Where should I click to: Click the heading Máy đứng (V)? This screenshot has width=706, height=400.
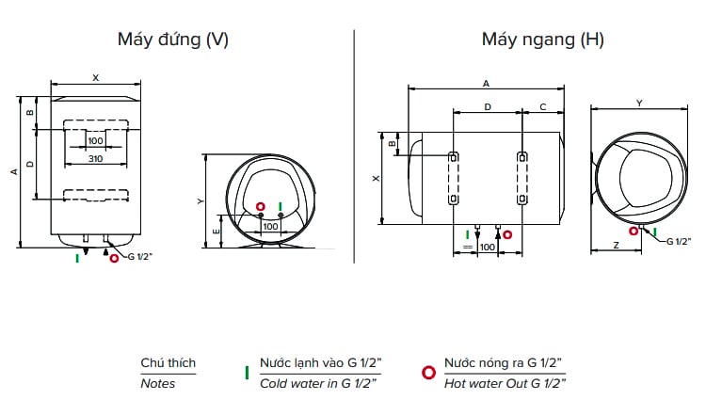pos(172,40)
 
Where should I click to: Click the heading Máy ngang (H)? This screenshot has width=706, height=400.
pos(542,40)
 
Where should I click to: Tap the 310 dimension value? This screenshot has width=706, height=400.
pos(95,159)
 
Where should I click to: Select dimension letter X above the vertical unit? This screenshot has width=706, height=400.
pos(95,78)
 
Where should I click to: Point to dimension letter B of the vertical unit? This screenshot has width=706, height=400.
pos(30,113)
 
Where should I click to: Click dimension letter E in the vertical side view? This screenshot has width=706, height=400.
pos(217,230)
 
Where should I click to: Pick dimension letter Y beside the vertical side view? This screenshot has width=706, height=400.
pos(201,200)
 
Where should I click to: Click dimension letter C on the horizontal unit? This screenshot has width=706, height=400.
pos(543,107)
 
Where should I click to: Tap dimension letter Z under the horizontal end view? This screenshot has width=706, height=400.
pos(614,245)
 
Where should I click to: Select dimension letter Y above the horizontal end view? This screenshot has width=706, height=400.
pos(639,102)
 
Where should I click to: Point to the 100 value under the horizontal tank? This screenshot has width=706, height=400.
pos(487,247)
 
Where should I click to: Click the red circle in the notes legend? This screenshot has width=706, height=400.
pos(428,373)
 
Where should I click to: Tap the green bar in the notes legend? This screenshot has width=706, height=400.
pos(247,373)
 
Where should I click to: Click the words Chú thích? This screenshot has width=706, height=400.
pos(168,363)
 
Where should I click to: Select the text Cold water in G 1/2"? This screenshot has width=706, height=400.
pos(320,383)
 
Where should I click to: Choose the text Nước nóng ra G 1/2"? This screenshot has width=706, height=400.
pos(504,362)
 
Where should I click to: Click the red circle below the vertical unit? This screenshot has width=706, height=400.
pos(115,256)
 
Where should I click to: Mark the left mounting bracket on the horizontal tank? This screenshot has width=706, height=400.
pos(454,178)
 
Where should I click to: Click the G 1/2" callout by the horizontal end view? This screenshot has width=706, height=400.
pos(678,241)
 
